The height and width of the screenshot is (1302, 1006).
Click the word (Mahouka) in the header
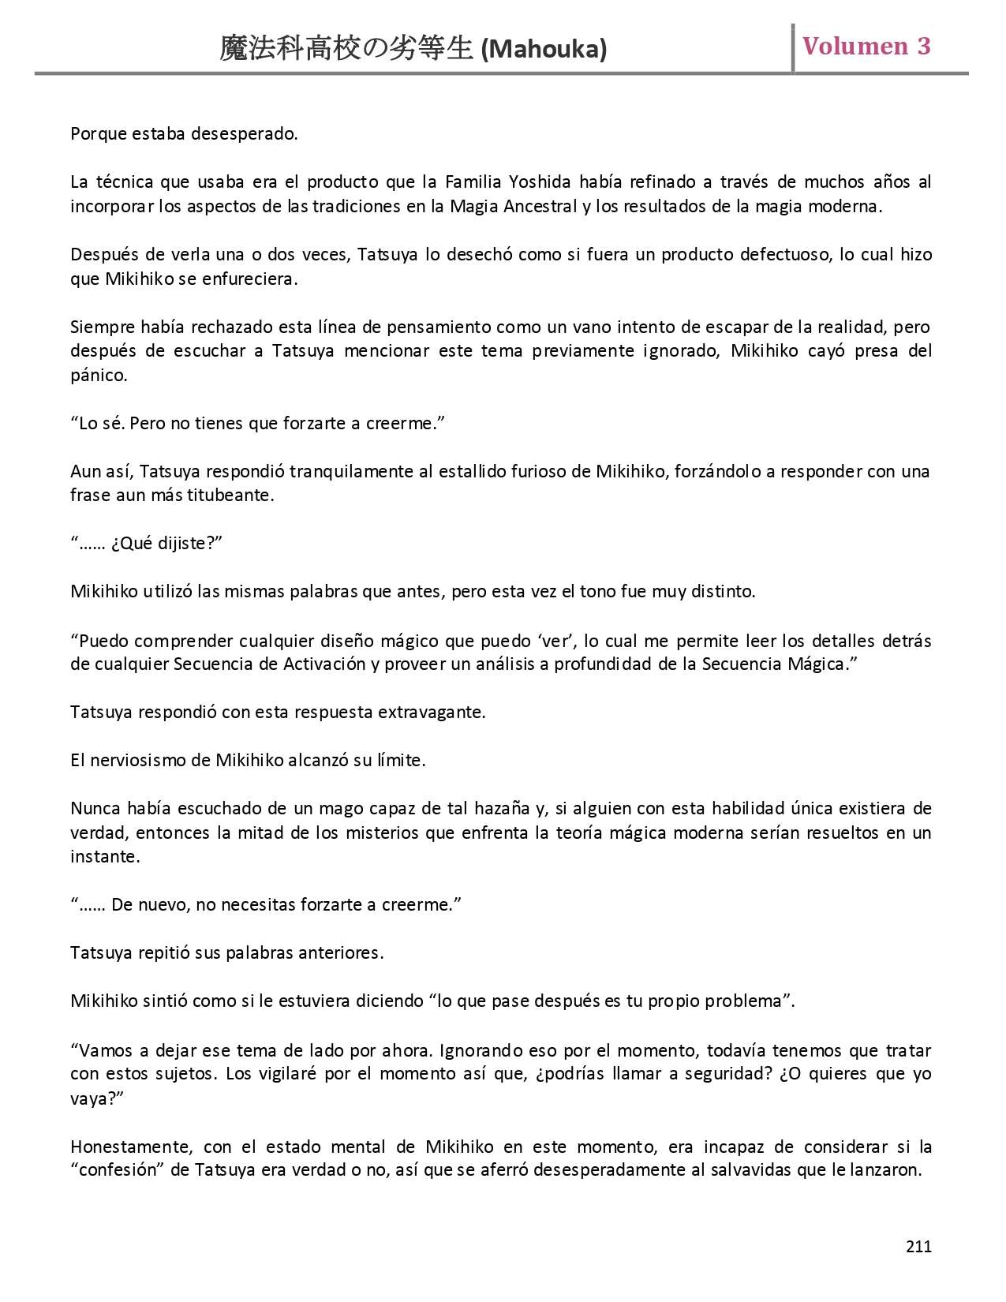click(544, 50)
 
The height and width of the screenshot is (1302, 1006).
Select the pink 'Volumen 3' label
click(866, 47)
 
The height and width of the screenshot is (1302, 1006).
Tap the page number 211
click(918, 1246)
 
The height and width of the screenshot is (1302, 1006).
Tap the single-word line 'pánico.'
click(99, 376)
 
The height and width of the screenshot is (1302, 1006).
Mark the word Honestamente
click(129, 1147)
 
